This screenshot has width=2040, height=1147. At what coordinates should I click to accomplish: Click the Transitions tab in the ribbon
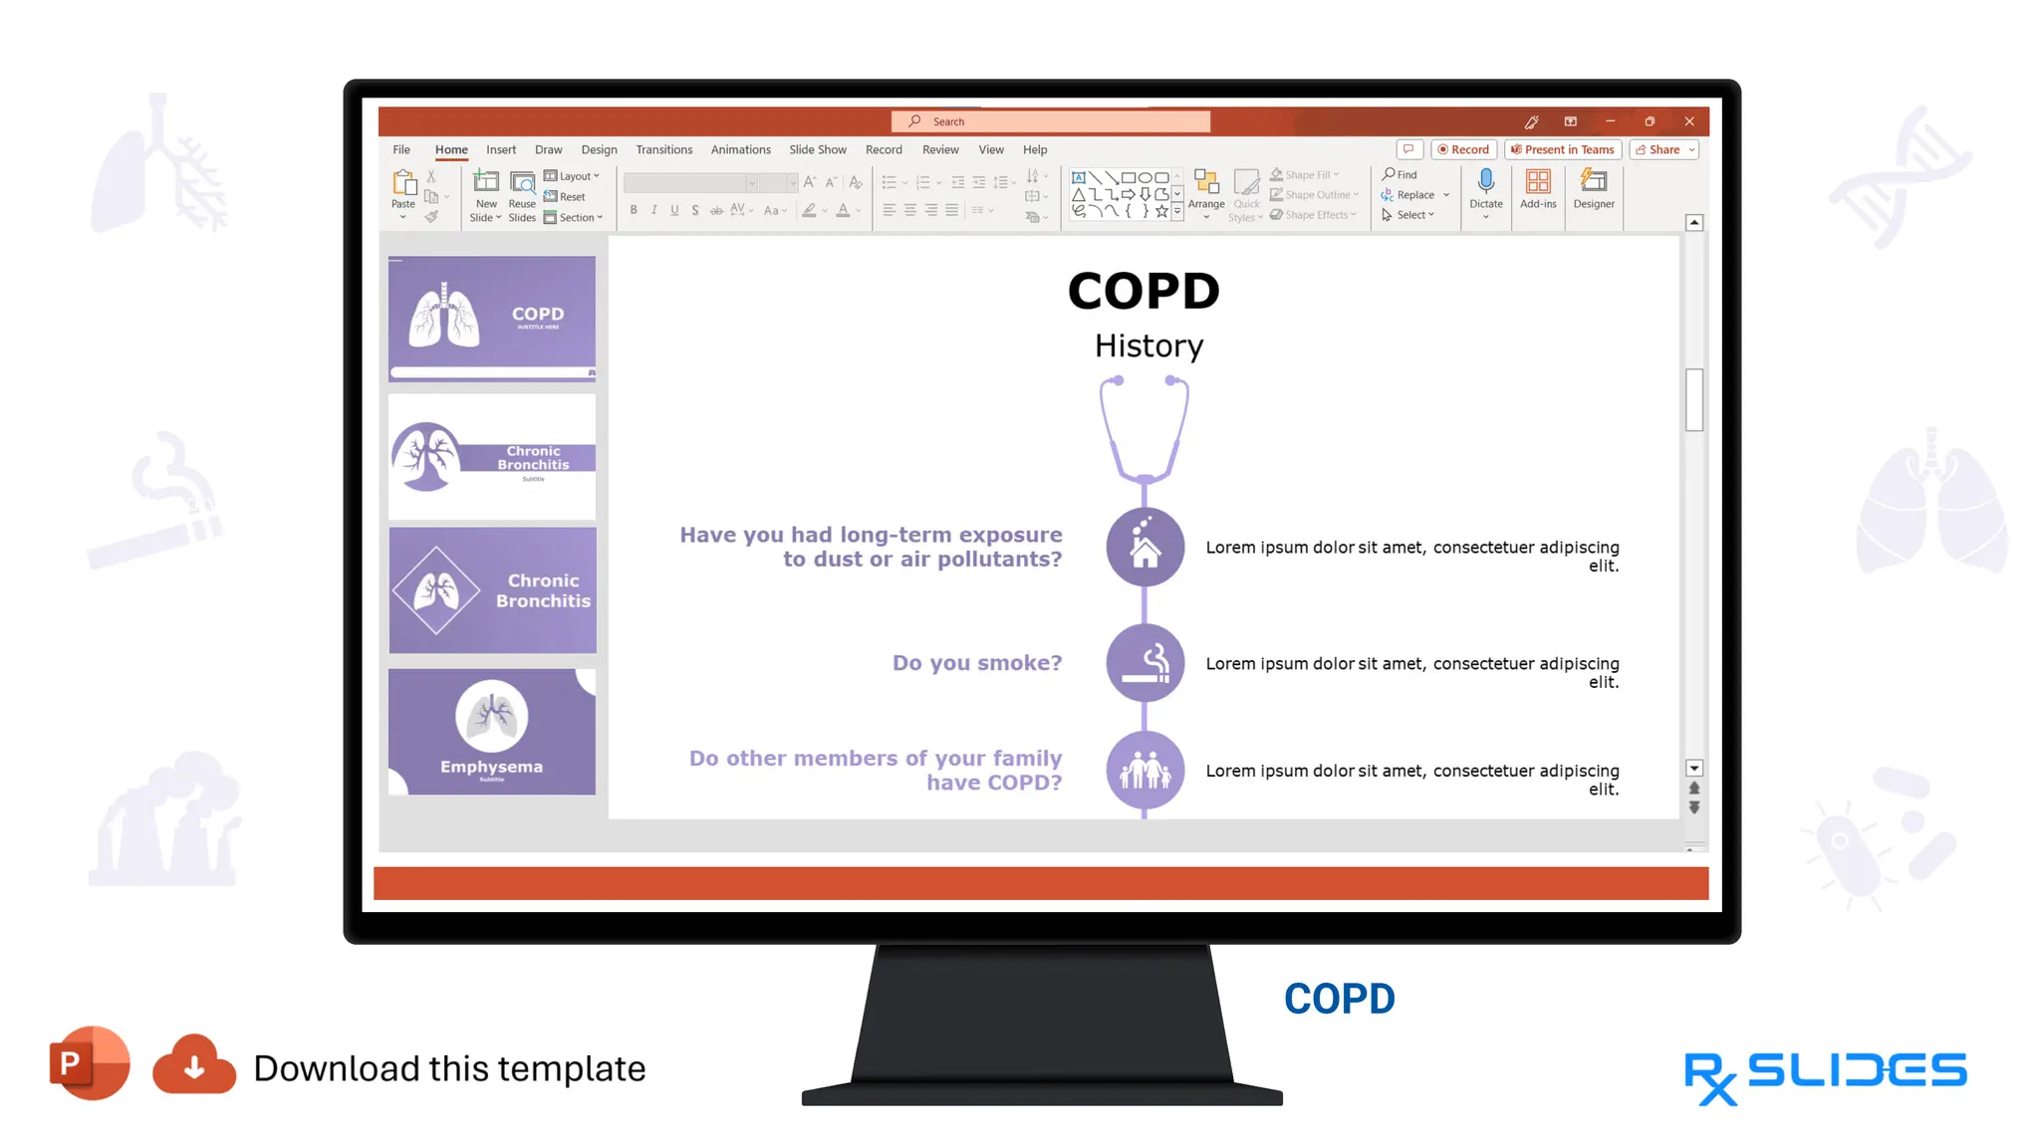point(663,149)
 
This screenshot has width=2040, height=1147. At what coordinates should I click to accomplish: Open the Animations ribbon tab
point(740,149)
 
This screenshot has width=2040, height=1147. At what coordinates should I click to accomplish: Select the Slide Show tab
point(817,149)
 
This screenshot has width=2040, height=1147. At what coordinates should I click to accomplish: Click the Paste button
point(403,188)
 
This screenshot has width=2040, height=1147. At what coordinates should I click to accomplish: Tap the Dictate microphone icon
point(1485,182)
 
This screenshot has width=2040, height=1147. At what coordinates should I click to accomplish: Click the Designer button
point(1594,188)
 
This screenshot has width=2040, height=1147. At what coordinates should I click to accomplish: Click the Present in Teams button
point(1563,149)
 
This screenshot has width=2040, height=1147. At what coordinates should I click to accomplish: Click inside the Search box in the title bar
point(1051,121)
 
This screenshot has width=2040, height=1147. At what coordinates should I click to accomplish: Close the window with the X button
point(1689,121)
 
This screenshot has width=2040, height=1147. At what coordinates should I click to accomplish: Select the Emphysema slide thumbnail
point(492,732)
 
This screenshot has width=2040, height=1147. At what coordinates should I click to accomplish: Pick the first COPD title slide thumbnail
point(492,319)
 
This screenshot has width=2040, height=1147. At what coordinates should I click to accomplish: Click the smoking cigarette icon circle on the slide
point(1146,663)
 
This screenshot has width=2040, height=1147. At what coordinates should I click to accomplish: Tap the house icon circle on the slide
point(1146,547)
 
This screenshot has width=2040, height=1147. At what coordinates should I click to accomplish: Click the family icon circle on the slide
point(1146,770)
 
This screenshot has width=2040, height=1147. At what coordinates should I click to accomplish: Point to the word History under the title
point(1148,345)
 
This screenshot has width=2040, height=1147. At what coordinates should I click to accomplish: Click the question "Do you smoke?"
point(976,663)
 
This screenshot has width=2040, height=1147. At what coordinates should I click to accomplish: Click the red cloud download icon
point(194,1065)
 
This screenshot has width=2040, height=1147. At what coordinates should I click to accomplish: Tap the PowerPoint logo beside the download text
point(89,1063)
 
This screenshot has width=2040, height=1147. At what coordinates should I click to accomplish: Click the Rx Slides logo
point(1825,1075)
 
